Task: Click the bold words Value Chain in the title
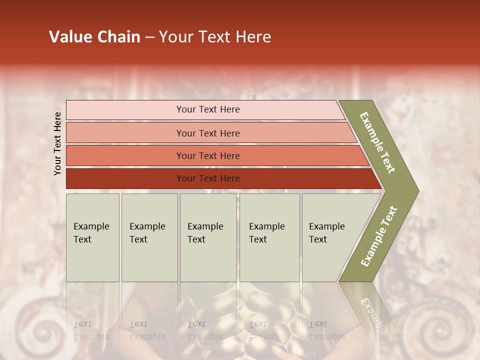click(x=94, y=37)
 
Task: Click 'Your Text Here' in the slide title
click(x=215, y=37)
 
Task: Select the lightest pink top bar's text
click(x=208, y=109)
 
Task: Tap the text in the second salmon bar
click(x=208, y=133)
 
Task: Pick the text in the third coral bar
click(x=208, y=156)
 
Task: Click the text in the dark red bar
click(x=208, y=178)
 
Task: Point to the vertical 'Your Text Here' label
click(x=57, y=143)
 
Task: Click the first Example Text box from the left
click(x=92, y=233)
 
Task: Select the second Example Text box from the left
click(x=148, y=233)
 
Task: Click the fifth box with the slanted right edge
click(x=330, y=233)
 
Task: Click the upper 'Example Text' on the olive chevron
click(x=377, y=142)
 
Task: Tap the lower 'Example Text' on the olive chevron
click(x=379, y=236)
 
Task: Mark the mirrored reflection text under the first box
click(x=91, y=330)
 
